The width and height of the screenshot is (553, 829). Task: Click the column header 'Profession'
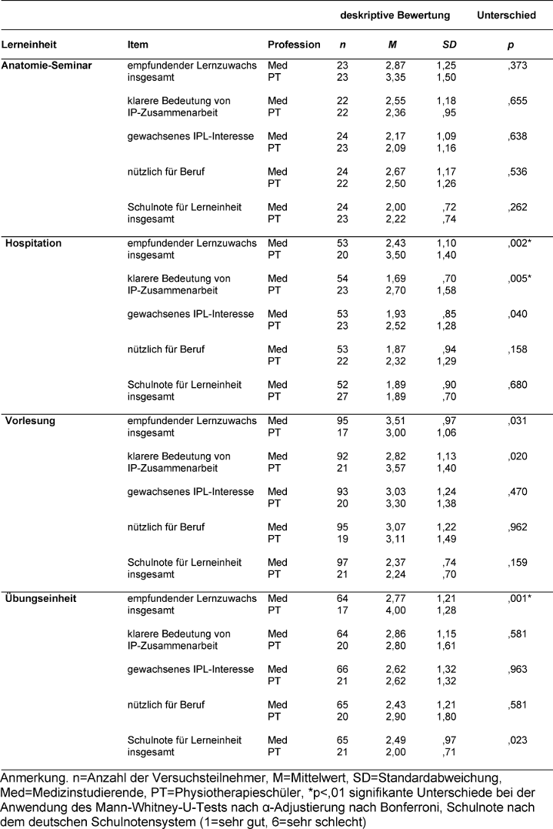point(294,45)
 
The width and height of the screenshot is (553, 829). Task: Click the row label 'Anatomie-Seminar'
point(47,65)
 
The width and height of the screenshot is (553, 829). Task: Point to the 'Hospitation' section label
point(35,242)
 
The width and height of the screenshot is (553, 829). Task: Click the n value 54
point(342,278)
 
